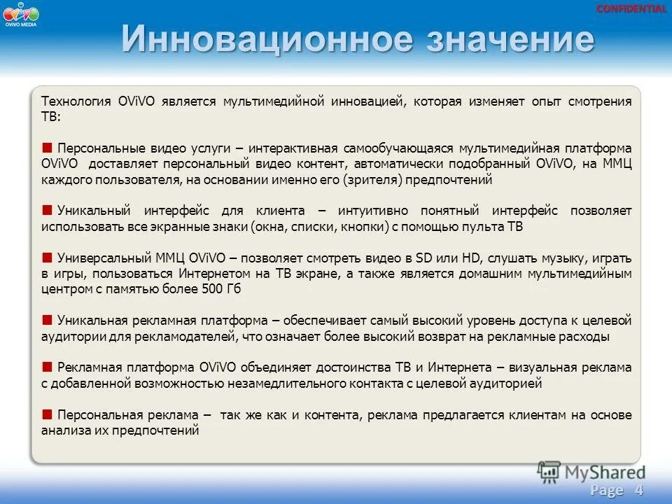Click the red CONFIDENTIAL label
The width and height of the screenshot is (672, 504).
[x=631, y=9]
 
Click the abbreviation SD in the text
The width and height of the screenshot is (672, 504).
[x=423, y=258]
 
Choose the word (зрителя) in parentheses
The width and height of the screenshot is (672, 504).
[x=367, y=180]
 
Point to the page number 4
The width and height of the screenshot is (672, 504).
[x=638, y=489]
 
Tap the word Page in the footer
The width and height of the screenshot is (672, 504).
[x=606, y=489]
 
